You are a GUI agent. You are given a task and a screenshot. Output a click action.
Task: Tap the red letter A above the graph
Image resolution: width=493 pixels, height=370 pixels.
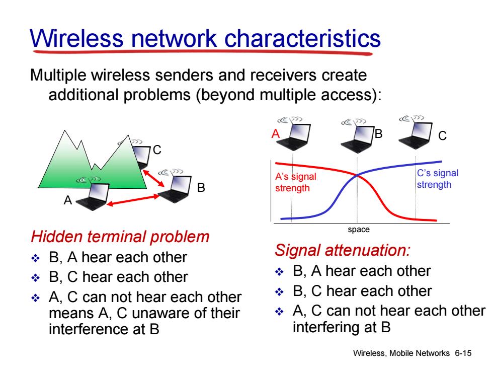[x=276, y=134]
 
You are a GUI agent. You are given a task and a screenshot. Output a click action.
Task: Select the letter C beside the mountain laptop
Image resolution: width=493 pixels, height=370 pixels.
[x=157, y=150]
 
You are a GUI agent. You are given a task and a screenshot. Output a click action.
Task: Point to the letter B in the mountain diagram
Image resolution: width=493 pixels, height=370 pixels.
[x=201, y=187]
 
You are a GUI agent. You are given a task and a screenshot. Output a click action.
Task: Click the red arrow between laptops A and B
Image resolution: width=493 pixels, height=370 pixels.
[x=133, y=200]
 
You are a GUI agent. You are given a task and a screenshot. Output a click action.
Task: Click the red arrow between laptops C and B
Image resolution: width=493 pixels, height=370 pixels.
[x=154, y=178]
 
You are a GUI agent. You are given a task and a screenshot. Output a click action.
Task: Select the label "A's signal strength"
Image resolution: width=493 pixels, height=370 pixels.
[x=296, y=182]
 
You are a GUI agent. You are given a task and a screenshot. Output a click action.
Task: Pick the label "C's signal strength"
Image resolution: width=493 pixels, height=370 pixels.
[x=437, y=179]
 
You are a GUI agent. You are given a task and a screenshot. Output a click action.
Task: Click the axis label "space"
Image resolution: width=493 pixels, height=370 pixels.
[x=358, y=230]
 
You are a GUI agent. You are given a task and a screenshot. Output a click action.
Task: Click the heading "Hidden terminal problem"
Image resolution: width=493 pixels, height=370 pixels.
[x=120, y=237]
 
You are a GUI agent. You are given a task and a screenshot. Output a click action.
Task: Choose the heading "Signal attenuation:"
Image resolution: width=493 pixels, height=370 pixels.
[x=343, y=251]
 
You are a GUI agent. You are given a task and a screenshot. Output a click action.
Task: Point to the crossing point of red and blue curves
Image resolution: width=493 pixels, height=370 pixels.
[x=357, y=176]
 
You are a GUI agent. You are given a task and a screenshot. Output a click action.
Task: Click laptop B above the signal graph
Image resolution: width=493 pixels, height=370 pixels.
[x=357, y=135]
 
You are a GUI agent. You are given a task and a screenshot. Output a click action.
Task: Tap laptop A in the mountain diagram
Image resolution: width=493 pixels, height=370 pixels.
[x=93, y=193]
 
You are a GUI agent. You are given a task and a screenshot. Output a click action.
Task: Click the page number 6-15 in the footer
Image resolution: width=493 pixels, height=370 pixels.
[x=463, y=353]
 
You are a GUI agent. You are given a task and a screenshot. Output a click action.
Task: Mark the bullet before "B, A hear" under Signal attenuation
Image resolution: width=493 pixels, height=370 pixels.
[x=279, y=271]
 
